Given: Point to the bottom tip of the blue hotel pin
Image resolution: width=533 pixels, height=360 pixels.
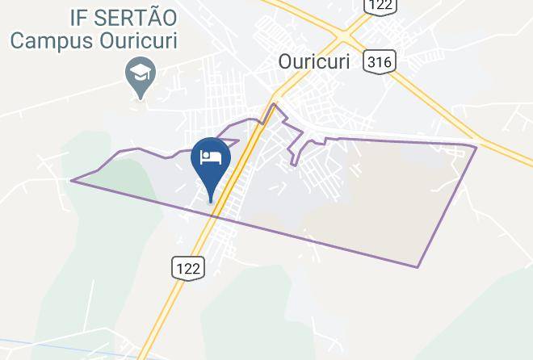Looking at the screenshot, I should (x=212, y=201).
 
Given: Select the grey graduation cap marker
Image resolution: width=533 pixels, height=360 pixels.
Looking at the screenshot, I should (x=141, y=76).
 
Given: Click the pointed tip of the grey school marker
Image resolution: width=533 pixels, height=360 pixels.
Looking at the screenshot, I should (x=141, y=98).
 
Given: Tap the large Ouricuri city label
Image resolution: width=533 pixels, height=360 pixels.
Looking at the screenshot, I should (x=314, y=61).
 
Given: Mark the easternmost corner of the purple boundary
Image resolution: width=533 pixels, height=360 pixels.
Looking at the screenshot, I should (x=476, y=146).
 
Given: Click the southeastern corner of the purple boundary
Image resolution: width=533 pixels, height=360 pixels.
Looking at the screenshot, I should (x=418, y=267).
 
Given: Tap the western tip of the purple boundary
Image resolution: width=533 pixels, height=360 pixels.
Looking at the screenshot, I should (x=71, y=180).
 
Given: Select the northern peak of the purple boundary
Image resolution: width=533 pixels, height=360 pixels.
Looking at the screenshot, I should (x=275, y=104).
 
